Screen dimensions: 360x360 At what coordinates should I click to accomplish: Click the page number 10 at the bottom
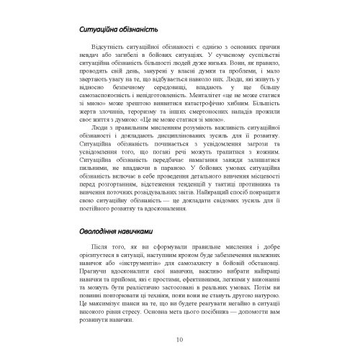179,340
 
